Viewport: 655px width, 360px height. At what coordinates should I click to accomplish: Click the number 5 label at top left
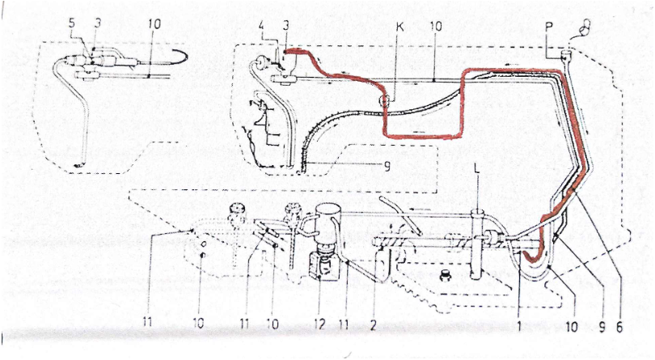pyautogui.click(x=72, y=23)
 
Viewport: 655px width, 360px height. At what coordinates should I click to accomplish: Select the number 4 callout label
pyautogui.click(x=261, y=26)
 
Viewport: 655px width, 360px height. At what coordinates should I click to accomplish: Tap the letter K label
pyautogui.click(x=399, y=28)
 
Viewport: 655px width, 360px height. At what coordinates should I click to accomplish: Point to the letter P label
pyautogui.click(x=549, y=27)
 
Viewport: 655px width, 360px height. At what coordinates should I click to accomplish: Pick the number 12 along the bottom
pyautogui.click(x=319, y=324)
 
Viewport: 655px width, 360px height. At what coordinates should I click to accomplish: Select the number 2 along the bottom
pyautogui.click(x=373, y=324)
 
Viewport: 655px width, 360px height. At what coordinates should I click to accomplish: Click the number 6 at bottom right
pyautogui.click(x=619, y=327)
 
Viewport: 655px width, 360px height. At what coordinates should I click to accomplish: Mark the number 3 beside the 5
pyautogui.click(x=97, y=23)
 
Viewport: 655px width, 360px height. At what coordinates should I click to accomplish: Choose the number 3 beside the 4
pyautogui.click(x=285, y=26)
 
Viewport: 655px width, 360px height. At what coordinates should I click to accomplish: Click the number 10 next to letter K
pyautogui.click(x=435, y=27)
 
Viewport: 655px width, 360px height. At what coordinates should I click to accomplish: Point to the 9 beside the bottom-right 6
pyautogui.click(x=602, y=327)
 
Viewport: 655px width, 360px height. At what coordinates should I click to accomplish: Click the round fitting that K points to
pyautogui.click(x=384, y=101)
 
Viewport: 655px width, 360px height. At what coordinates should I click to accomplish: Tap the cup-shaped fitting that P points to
pyautogui.click(x=566, y=55)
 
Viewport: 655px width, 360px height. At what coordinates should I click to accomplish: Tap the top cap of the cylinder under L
pyautogui.click(x=477, y=214)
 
